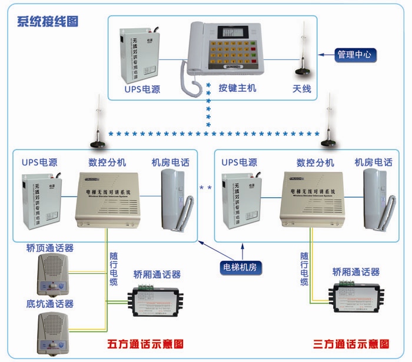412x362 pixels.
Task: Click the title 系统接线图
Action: pyautogui.click(x=48, y=22)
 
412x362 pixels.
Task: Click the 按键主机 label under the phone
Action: pyautogui.click(x=237, y=89)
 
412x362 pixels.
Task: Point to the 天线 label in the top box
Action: pyautogui.click(x=302, y=89)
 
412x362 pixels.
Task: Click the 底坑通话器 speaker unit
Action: pyautogui.click(x=54, y=331)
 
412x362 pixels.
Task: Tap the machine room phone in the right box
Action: pyautogui.click(x=375, y=198)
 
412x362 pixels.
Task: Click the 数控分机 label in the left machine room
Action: pyautogui.click(x=107, y=162)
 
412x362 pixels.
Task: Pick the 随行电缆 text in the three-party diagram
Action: pyautogui.click(x=304, y=268)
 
